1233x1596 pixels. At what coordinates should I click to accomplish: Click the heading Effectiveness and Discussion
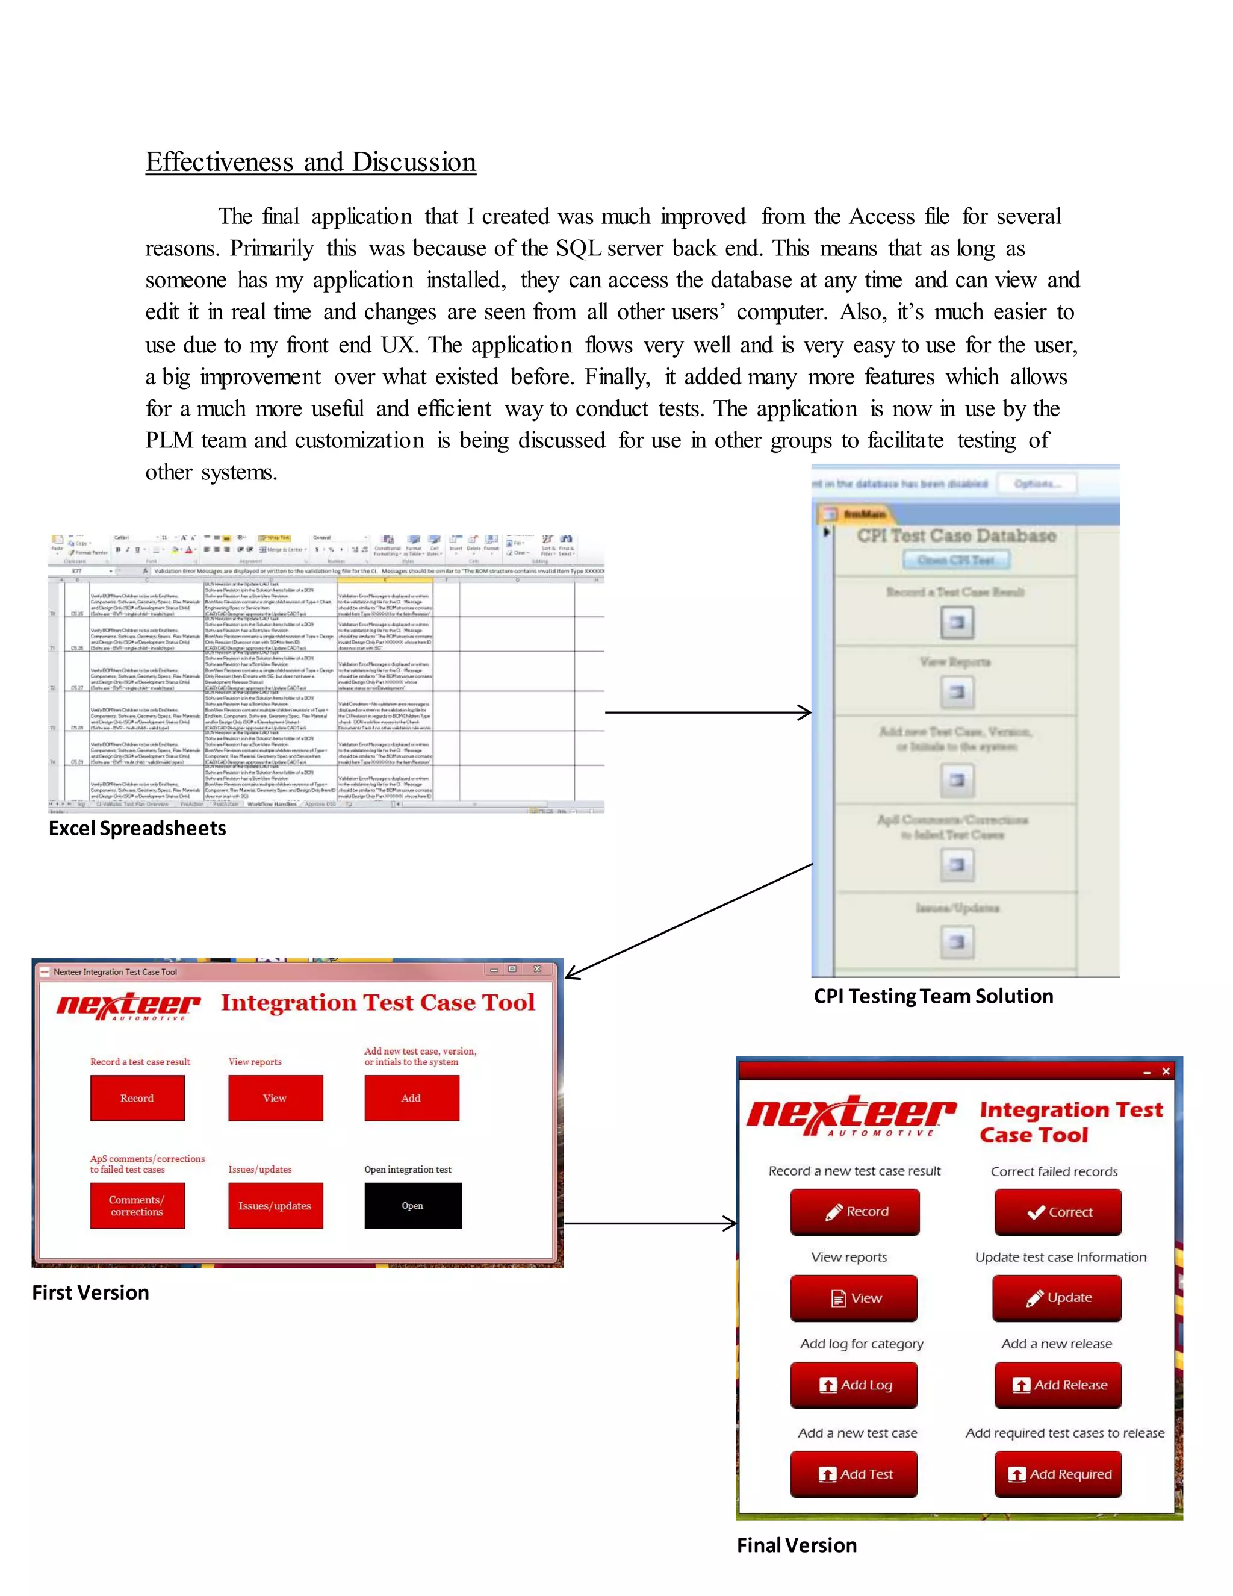tap(311, 161)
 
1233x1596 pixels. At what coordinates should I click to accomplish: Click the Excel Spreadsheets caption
tap(137, 828)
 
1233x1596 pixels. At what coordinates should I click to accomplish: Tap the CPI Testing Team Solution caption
tap(933, 996)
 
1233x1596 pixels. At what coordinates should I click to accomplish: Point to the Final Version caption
tap(796, 1545)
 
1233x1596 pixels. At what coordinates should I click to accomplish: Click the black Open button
tap(412, 1206)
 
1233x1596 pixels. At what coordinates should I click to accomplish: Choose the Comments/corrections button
tap(137, 1206)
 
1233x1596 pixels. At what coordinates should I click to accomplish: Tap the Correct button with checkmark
tap(1058, 1212)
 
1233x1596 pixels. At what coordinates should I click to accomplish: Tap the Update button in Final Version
tap(1056, 1298)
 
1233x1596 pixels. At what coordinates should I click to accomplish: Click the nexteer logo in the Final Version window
tap(850, 1115)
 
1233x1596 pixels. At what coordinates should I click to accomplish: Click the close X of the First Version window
tap(537, 969)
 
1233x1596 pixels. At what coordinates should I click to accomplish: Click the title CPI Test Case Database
tap(956, 535)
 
